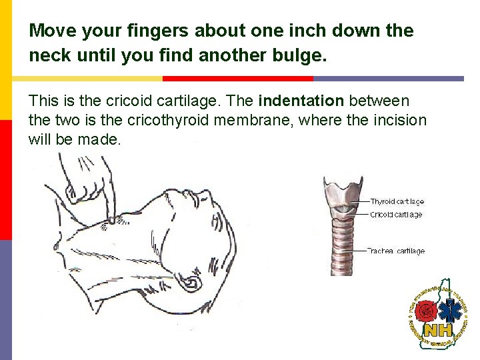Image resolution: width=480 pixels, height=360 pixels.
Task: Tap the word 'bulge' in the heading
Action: point(299,57)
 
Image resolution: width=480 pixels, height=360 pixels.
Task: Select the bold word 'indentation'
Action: point(301,101)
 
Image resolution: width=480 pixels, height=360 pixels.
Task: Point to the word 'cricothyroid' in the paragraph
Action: point(181,121)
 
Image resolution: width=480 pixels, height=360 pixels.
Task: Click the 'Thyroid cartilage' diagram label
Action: point(397,201)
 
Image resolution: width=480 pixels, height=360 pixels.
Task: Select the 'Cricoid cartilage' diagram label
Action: point(396,215)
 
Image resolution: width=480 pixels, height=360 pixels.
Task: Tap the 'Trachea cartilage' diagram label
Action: point(397,251)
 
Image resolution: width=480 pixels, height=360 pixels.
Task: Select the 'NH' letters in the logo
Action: point(439,329)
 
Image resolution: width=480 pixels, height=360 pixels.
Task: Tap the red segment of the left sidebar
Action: point(5,180)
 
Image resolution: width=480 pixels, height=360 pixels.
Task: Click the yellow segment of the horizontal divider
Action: point(87,79)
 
